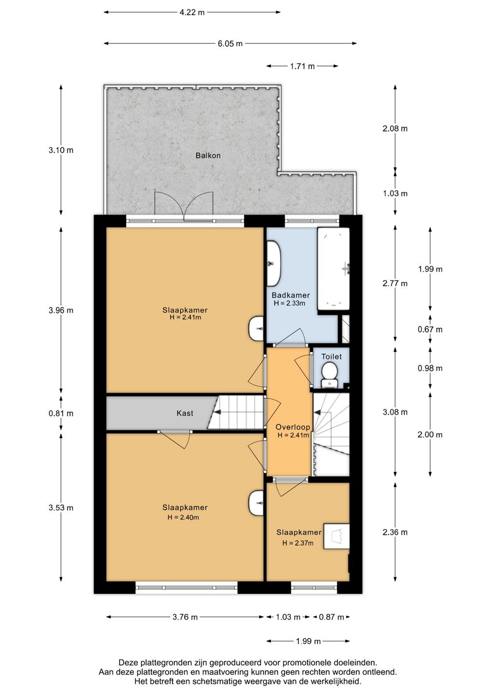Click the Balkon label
[x=208, y=155]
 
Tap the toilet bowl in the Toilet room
[x=329, y=375]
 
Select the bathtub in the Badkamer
[x=333, y=269]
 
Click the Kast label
[x=185, y=413]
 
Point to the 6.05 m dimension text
[x=230, y=43]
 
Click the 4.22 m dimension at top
[x=192, y=13]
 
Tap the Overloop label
[x=293, y=427]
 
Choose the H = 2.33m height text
[x=289, y=303]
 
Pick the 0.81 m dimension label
[x=61, y=413]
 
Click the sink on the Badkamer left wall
[x=273, y=264]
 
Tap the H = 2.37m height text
[x=298, y=543]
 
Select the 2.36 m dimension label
[x=395, y=532]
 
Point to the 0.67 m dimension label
[x=430, y=329]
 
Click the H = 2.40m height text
[x=183, y=517]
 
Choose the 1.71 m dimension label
[x=302, y=67]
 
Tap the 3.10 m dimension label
[x=61, y=150]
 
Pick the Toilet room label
[x=331, y=357]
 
